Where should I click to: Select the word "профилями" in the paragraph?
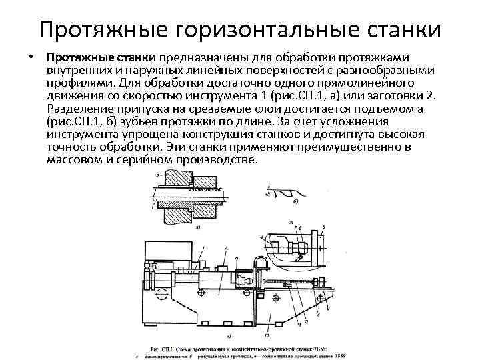pyautogui.click(x=80, y=83)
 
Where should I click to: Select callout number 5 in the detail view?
pyautogui.click(x=323, y=227)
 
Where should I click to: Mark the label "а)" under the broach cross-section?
pyautogui.click(x=198, y=227)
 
